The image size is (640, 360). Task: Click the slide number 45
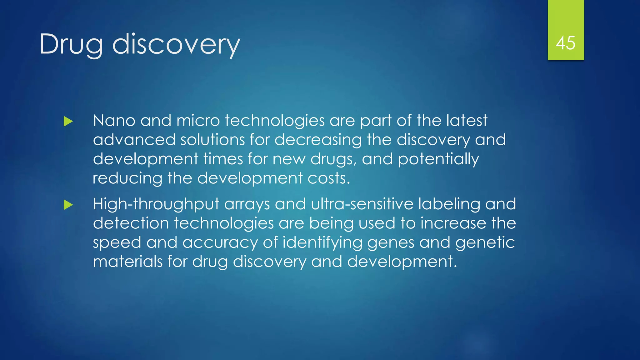(565, 43)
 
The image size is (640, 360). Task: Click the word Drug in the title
(71, 44)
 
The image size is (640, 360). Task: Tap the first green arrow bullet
(68, 121)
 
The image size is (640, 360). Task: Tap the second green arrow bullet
(68, 205)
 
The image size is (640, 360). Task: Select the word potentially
(438, 159)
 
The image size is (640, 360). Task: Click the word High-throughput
(156, 205)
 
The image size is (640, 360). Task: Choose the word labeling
(449, 205)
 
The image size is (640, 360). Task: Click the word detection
(131, 223)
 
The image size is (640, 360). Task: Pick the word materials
(127, 262)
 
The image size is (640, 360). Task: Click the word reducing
(127, 179)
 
